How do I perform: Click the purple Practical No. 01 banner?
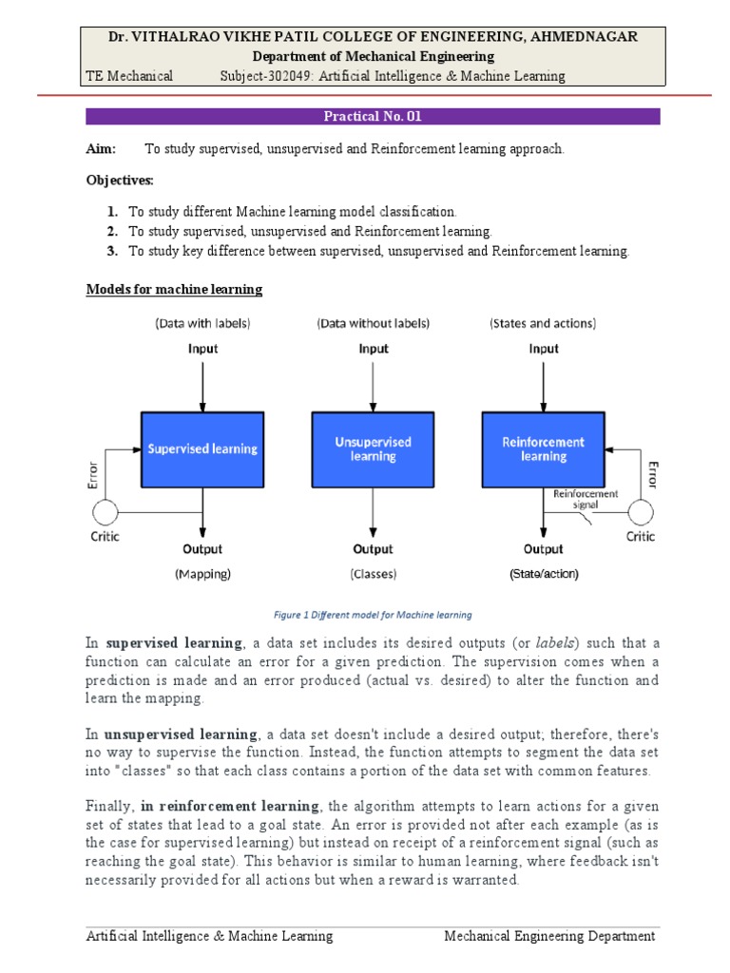[x=373, y=117]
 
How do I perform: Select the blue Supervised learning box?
[x=202, y=448]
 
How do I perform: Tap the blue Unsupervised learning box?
[x=373, y=448]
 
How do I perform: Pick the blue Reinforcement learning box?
[x=544, y=448]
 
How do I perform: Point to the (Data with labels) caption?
[x=202, y=323]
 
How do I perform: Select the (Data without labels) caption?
[x=373, y=323]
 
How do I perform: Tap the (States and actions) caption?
[x=544, y=323]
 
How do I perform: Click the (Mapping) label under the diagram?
[x=202, y=574]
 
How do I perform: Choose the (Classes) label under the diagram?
[x=373, y=574]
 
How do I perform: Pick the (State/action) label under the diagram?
[x=544, y=574]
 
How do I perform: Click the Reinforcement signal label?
[x=586, y=499]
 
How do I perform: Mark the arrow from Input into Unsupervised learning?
[x=373, y=384]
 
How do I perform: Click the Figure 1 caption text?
[x=373, y=615]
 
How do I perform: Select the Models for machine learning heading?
[x=174, y=289]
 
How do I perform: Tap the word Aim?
[x=101, y=149]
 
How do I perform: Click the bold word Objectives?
[x=120, y=180]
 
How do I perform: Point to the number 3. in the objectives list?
[x=112, y=251]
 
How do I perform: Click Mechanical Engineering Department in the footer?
[x=549, y=936]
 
